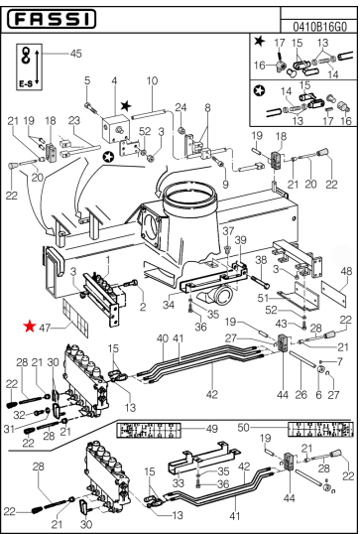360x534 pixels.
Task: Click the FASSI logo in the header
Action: click(55, 19)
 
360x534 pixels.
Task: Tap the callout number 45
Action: click(75, 54)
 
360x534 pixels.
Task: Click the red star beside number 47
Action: click(31, 325)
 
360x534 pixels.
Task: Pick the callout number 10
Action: click(152, 80)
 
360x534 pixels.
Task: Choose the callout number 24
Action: click(181, 107)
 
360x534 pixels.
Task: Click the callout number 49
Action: click(211, 429)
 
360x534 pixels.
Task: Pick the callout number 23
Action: click(74, 120)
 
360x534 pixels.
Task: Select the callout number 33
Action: click(180, 483)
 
